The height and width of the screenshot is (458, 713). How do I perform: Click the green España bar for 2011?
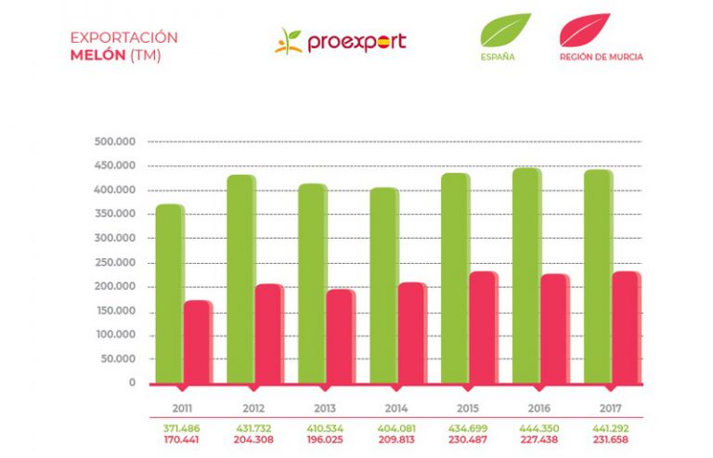[169, 293]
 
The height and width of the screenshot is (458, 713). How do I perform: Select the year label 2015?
[468, 408]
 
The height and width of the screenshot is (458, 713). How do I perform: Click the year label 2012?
[254, 408]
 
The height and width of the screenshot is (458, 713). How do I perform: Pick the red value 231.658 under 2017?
[611, 439]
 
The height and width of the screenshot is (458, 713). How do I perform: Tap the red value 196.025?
[326, 439]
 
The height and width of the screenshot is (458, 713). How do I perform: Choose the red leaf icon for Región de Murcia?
[585, 30]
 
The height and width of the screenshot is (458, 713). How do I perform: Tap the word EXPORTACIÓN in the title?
[123, 37]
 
